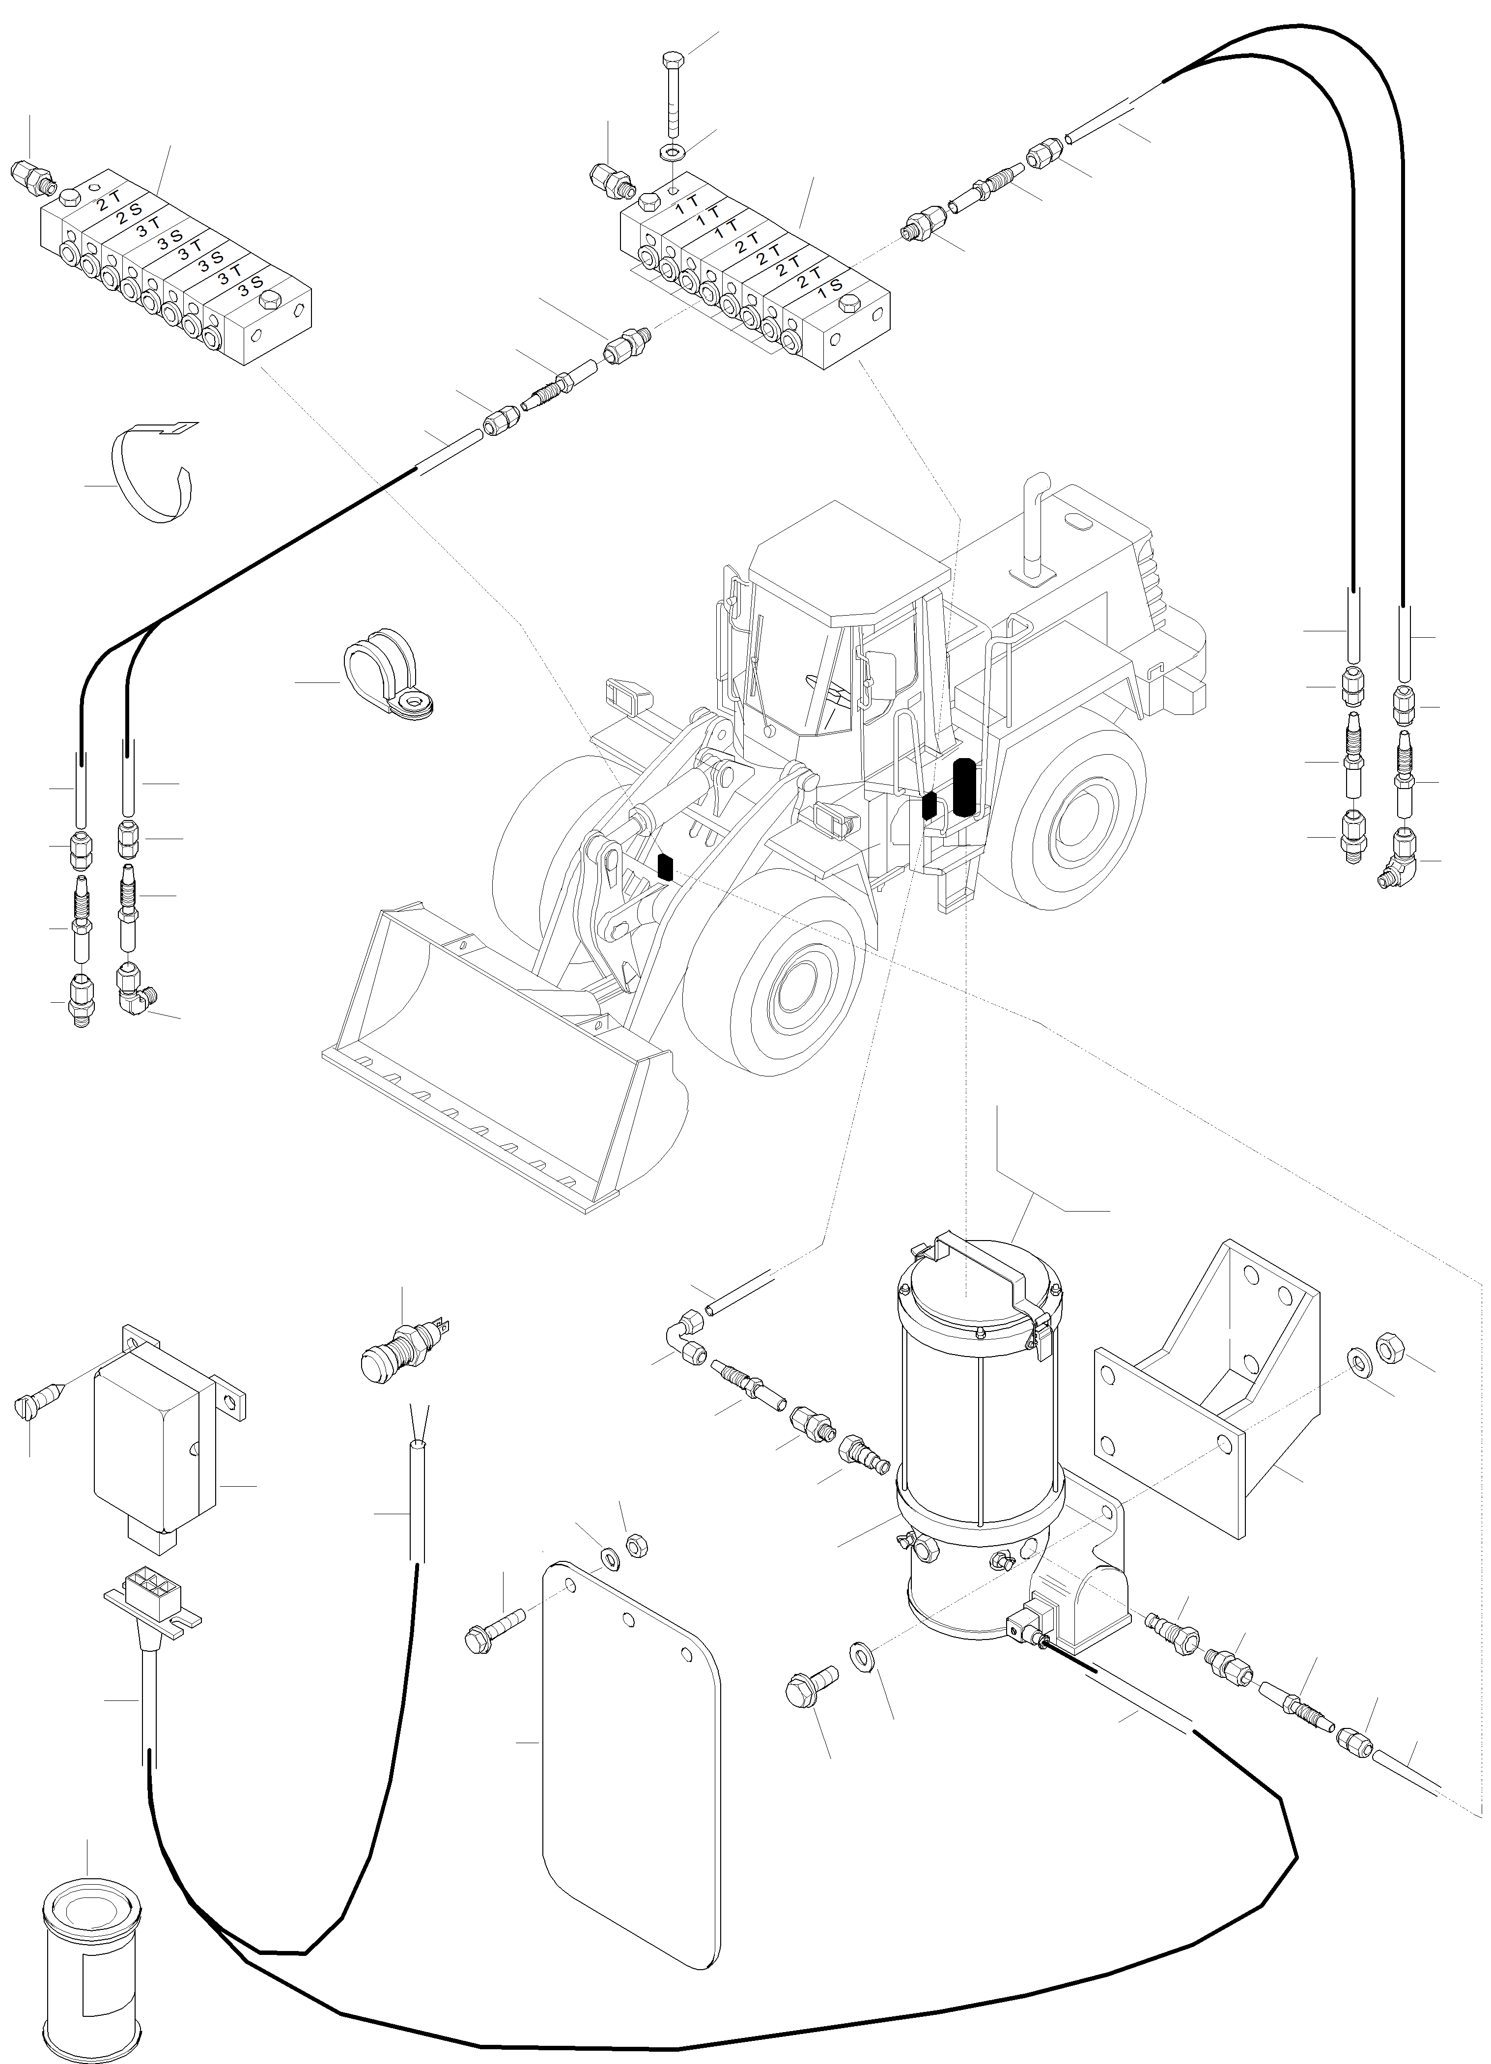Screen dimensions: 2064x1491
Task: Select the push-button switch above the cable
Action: point(402,1349)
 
